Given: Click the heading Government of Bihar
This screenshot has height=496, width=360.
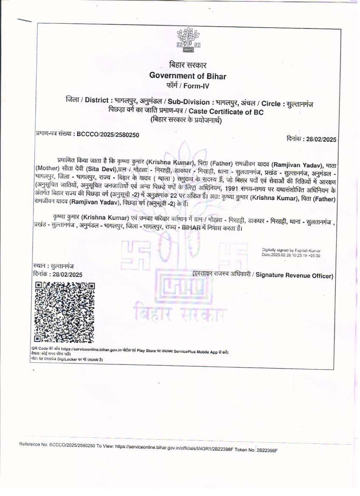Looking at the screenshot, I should [188, 76].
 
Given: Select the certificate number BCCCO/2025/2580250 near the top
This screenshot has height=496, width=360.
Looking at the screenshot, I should [107, 135].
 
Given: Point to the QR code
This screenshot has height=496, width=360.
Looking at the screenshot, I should [64, 312].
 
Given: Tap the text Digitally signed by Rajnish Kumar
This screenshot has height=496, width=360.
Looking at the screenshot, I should [291, 250].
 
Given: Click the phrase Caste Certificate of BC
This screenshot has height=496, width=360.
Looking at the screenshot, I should [226, 112].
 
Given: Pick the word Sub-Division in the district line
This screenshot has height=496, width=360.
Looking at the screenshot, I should [188, 102].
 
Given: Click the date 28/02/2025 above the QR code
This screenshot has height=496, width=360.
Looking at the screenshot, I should [67, 275].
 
